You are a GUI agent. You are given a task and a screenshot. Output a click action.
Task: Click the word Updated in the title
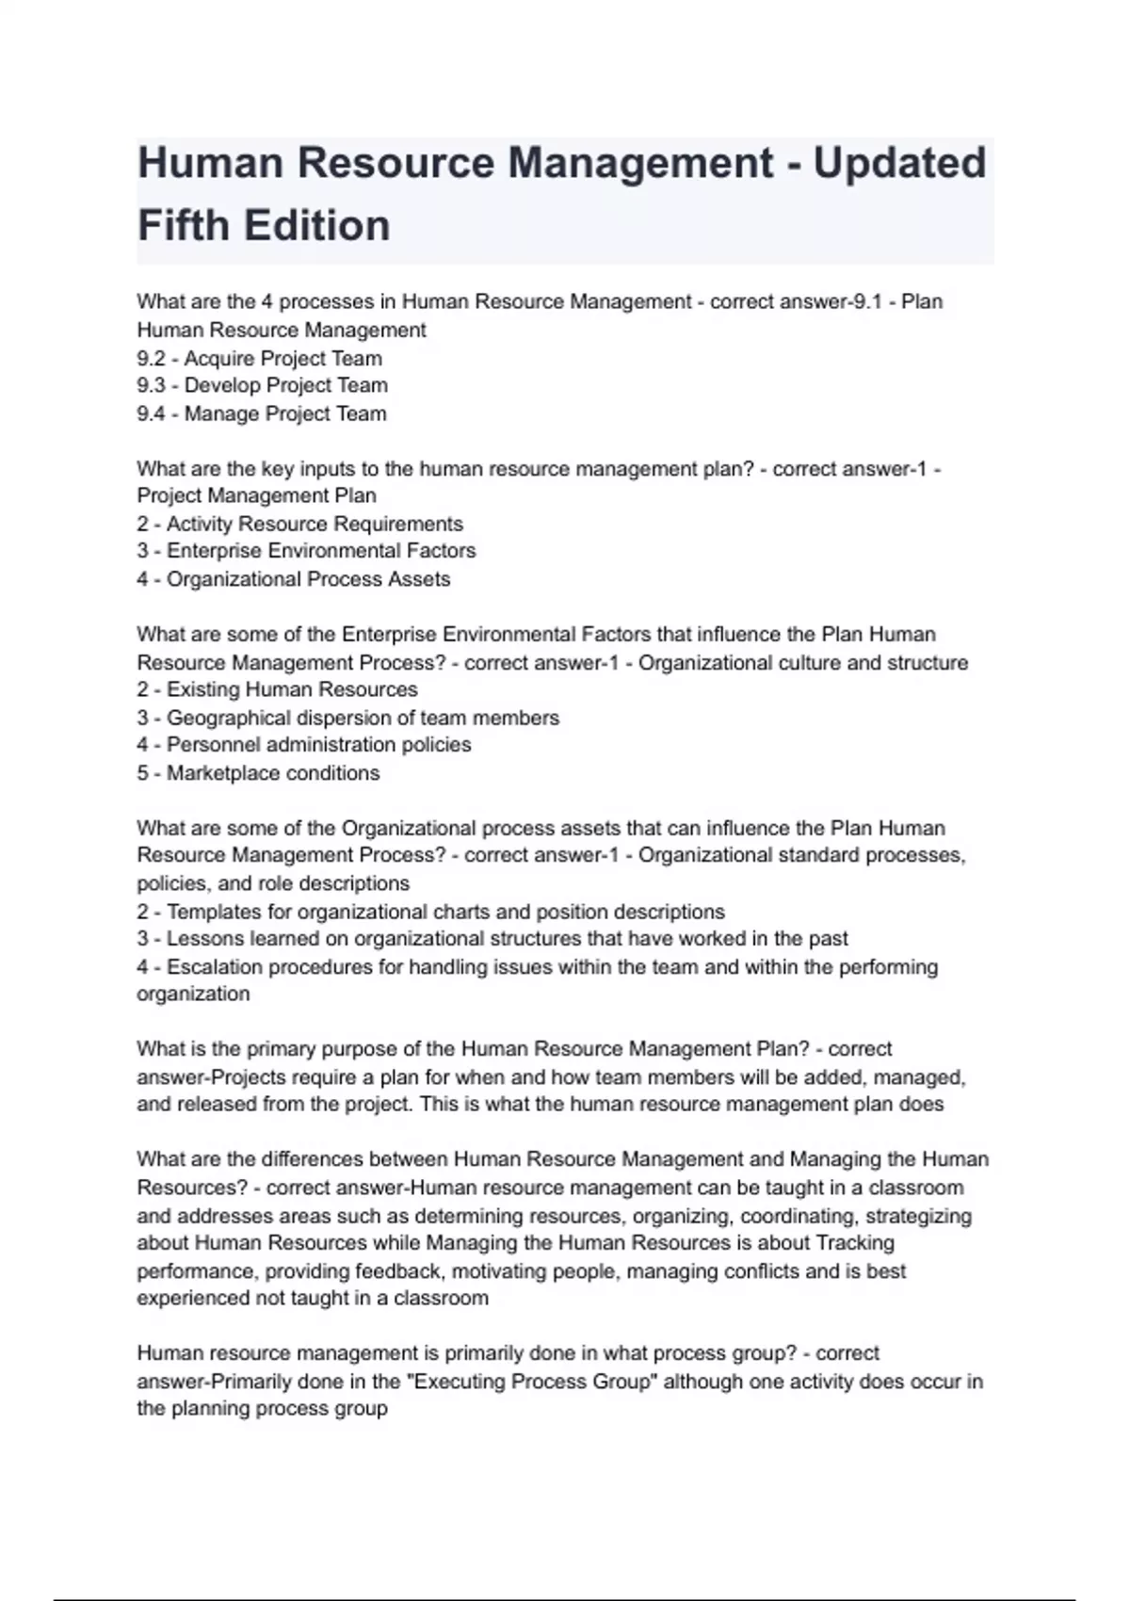tap(899, 163)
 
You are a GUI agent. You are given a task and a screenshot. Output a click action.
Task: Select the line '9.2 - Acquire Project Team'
tap(259, 358)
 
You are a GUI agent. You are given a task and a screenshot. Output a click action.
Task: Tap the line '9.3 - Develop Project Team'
tap(262, 385)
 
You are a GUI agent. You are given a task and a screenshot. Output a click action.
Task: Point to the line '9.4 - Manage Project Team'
tap(261, 413)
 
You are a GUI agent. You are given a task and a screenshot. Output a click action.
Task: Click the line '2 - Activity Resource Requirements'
tap(299, 524)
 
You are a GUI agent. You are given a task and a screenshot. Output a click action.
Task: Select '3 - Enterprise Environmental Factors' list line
tap(306, 551)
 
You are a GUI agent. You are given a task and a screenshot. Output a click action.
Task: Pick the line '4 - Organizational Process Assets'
tap(293, 579)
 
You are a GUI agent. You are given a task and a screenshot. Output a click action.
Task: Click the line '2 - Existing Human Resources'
tap(277, 689)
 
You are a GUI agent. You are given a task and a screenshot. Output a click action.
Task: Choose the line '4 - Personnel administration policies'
tap(303, 745)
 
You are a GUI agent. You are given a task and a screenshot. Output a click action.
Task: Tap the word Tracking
tap(855, 1243)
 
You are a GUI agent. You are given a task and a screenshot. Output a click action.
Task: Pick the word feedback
tap(398, 1271)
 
